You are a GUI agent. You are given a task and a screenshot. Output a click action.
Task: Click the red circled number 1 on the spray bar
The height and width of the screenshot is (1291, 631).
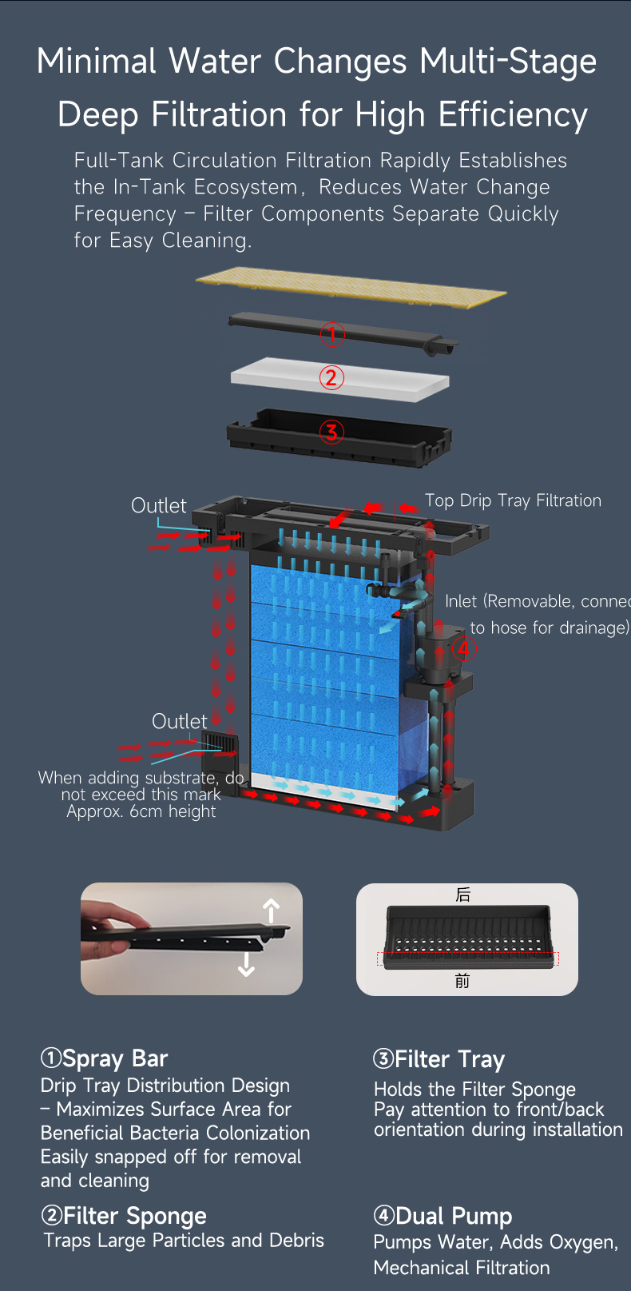coord(332,334)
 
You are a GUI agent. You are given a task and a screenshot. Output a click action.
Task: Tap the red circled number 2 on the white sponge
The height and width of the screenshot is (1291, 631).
coord(331,377)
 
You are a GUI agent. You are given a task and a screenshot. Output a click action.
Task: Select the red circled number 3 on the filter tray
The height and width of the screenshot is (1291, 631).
coord(331,432)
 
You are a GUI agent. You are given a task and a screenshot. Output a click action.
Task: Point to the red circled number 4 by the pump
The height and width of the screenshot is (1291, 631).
coord(465,649)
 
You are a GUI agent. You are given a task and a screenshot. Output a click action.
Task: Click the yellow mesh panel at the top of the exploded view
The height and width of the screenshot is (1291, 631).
coord(351,287)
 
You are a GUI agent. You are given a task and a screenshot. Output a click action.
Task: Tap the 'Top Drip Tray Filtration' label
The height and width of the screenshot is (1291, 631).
coord(513,500)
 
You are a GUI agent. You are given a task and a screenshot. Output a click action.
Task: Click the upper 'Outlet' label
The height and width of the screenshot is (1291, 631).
coord(159,505)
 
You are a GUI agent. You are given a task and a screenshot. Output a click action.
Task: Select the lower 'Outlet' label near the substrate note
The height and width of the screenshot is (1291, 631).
coord(180,721)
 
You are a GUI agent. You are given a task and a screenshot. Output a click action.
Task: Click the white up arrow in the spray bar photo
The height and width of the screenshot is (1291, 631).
coord(271,911)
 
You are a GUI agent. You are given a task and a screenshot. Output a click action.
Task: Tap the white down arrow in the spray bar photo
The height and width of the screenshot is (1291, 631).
coord(247,964)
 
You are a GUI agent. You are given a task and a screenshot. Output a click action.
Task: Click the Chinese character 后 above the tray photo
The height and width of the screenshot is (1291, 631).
coord(463,895)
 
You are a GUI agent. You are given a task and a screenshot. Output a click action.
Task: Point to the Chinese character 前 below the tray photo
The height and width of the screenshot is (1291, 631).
coord(462,980)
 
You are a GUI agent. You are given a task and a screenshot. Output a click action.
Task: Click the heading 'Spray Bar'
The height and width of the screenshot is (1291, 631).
coord(115,1058)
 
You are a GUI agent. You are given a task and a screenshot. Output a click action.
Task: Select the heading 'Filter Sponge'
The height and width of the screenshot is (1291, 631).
coord(135,1216)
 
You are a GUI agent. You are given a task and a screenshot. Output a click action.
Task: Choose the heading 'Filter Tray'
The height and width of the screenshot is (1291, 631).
coord(450,1059)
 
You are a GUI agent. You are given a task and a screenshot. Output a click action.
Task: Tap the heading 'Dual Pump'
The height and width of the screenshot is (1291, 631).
coord(454,1216)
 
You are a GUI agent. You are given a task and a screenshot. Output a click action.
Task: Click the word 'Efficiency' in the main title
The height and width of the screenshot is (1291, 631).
coord(513,114)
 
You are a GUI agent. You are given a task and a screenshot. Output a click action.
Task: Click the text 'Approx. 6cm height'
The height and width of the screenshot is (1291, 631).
coord(141,811)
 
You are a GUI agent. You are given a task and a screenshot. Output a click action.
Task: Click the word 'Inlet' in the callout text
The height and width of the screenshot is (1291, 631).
coord(461,601)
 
